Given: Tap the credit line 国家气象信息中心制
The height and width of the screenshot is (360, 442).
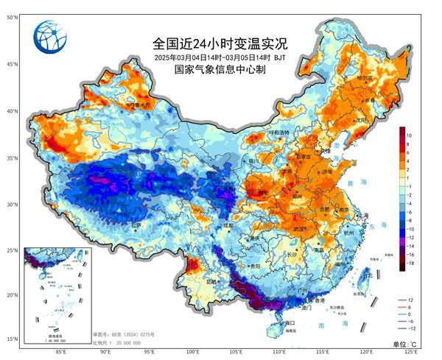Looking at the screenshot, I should pos(220,70).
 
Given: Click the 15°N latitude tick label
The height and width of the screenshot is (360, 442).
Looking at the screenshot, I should pos(13,339).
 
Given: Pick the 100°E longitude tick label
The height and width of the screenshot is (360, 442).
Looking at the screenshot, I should pos(193,352).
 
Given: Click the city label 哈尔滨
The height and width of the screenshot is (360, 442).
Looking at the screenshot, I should pos(365,77).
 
